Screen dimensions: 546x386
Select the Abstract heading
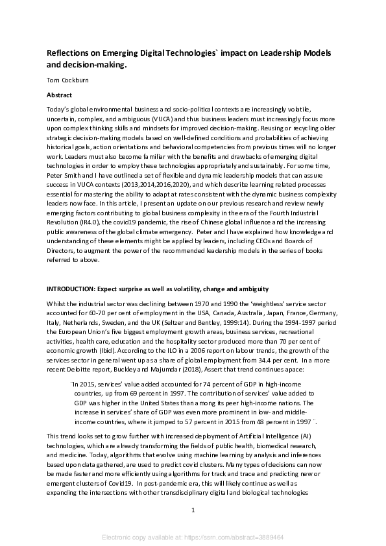60,93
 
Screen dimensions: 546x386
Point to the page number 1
193,510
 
